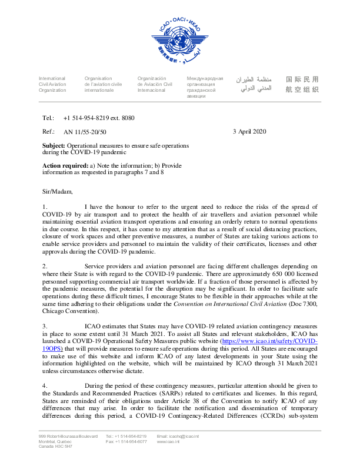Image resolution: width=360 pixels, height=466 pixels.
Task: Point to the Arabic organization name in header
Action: click(x=254, y=84)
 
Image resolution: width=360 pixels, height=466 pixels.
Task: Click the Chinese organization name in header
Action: click(x=301, y=84)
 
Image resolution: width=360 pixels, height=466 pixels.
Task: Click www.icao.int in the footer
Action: click(x=168, y=441)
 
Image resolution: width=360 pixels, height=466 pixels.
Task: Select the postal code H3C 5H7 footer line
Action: click(x=56, y=447)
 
